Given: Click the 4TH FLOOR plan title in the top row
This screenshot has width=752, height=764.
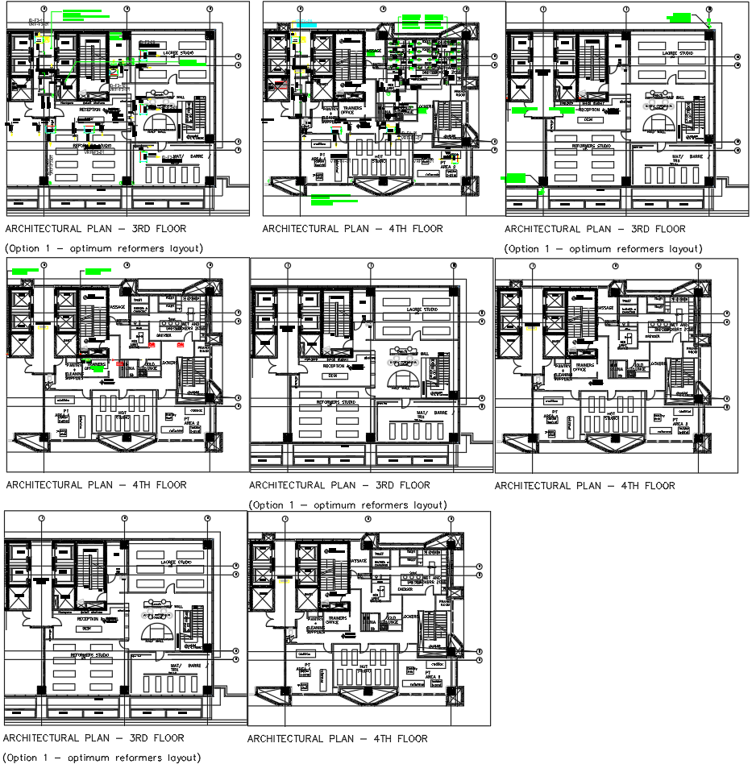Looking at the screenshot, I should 352,229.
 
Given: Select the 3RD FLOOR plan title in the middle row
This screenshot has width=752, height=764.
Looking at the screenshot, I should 339,485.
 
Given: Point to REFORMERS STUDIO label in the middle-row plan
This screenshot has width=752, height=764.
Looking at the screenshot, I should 336,401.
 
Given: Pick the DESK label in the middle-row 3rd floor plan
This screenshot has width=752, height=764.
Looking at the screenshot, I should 331,376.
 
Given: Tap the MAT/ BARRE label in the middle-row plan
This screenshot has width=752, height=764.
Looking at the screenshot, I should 430,414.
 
